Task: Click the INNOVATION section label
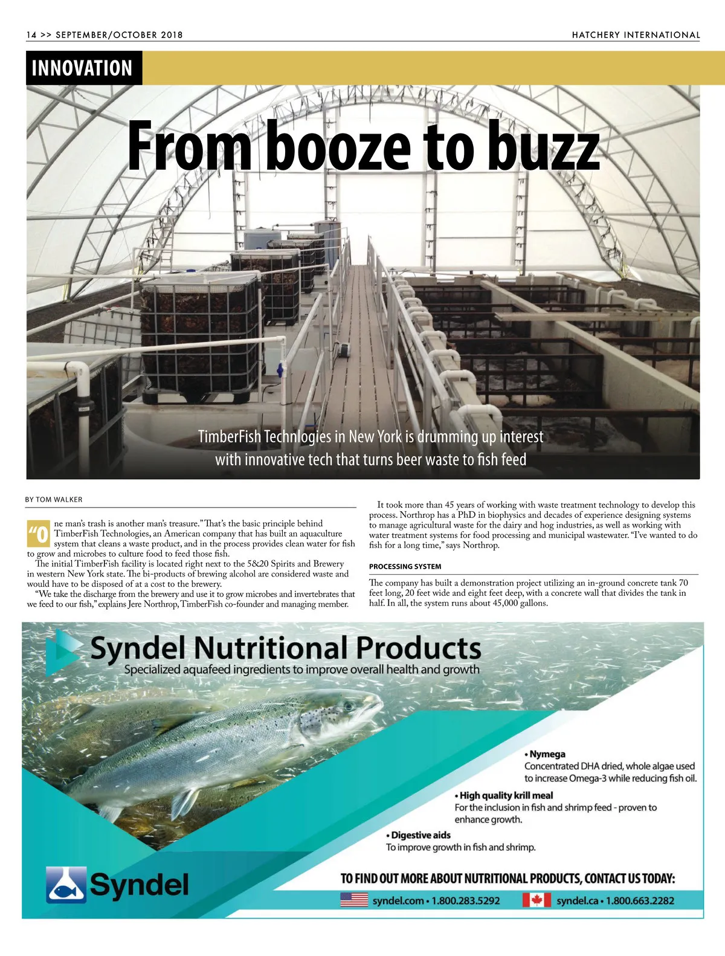(x=82, y=68)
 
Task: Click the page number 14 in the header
(x=31, y=35)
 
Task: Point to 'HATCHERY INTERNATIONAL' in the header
(x=636, y=35)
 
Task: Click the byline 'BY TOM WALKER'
(x=54, y=500)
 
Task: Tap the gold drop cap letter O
(x=40, y=535)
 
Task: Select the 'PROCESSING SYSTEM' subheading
(x=405, y=567)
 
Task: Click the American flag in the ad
(x=354, y=900)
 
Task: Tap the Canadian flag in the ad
(x=536, y=900)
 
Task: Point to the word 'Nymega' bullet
(x=547, y=754)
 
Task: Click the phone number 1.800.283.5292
(x=465, y=900)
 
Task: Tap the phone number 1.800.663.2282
(x=640, y=900)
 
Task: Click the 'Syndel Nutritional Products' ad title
(x=285, y=648)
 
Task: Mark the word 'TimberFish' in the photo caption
(x=229, y=436)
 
